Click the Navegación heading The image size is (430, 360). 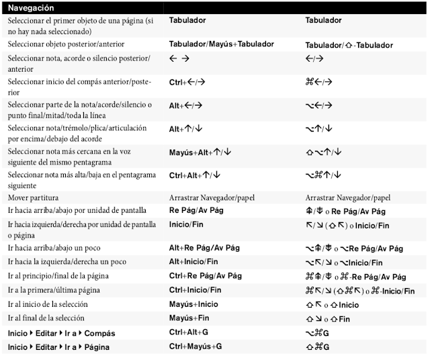(x=33, y=7)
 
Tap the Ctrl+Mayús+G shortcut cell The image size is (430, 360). (x=195, y=347)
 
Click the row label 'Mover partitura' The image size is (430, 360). (x=33, y=197)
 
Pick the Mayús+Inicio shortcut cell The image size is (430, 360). (x=193, y=304)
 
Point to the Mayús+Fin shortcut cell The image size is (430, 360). (x=189, y=318)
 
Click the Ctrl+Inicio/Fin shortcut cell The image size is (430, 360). (x=195, y=290)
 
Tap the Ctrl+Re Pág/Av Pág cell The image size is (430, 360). (x=206, y=276)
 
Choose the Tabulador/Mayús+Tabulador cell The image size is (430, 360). (x=222, y=44)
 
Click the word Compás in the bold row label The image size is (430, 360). (x=99, y=333)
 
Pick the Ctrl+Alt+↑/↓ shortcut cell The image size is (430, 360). (x=194, y=175)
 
